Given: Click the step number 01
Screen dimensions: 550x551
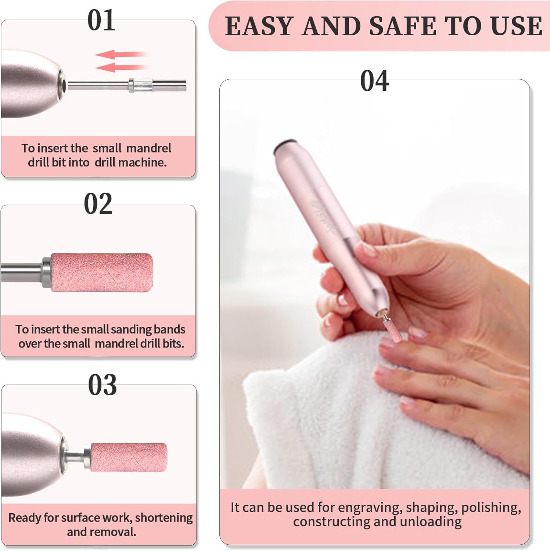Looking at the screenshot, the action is [x=101, y=20].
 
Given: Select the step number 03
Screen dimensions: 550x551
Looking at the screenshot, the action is [x=103, y=385].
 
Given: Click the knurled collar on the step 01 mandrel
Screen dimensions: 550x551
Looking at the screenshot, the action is [x=140, y=85].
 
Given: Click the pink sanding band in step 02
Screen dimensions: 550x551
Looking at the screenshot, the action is [x=102, y=272].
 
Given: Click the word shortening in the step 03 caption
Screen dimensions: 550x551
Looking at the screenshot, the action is [x=164, y=518].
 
